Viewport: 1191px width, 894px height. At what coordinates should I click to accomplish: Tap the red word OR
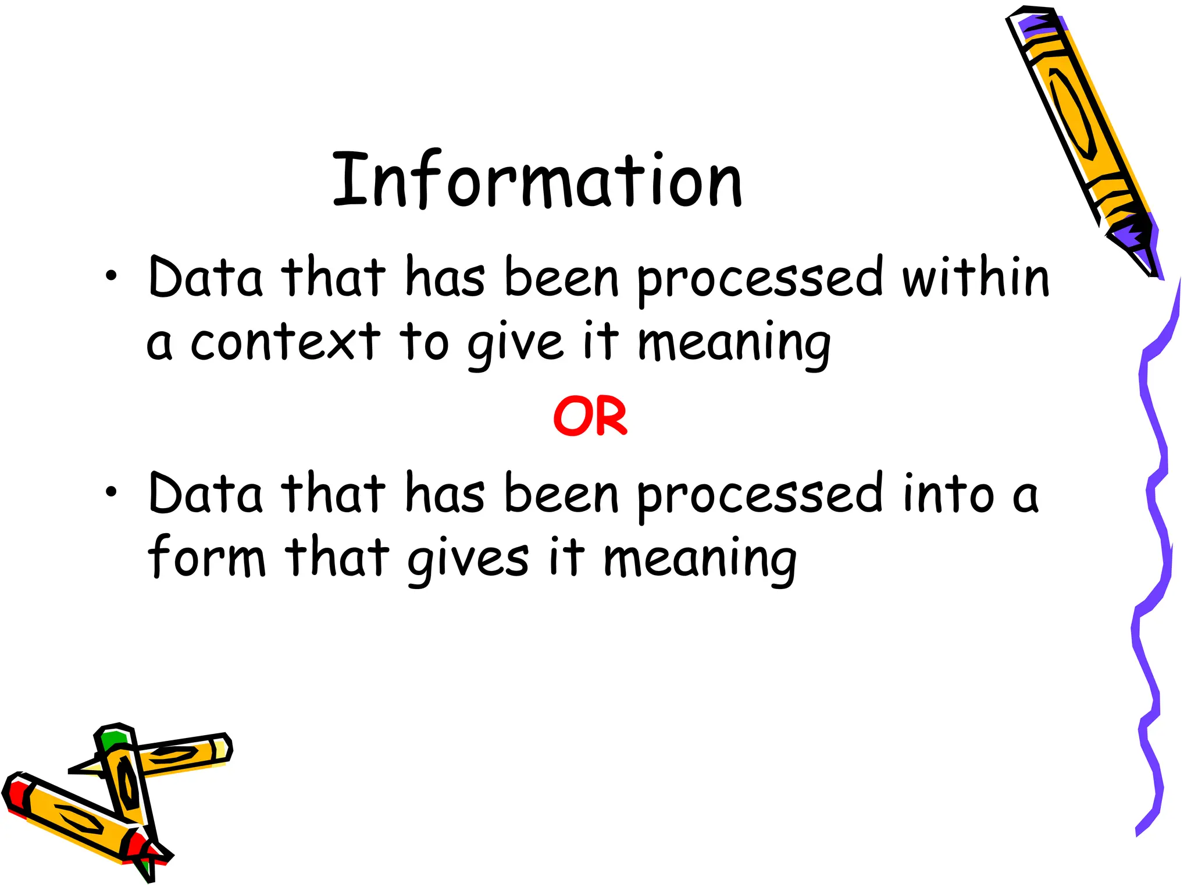pos(590,416)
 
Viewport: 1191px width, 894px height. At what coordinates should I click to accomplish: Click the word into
pos(949,495)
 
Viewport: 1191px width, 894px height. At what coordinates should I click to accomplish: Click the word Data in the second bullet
pos(205,494)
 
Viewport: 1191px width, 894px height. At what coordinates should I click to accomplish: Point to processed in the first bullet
pos(761,279)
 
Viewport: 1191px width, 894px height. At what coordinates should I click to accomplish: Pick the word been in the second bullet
pos(561,494)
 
